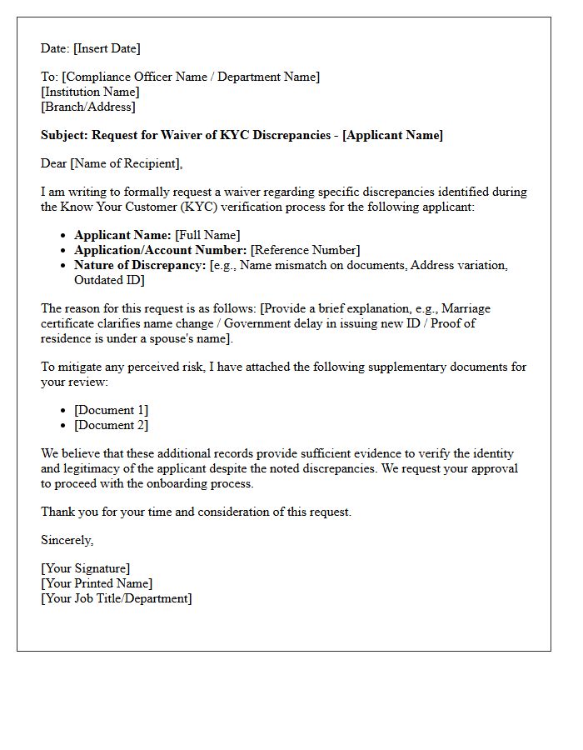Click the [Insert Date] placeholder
[108, 48]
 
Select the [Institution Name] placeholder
[90, 92]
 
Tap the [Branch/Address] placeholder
[88, 107]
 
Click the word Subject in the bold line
[64, 135]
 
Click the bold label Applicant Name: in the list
[122, 235]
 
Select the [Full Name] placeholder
[207, 235]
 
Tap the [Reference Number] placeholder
[305, 250]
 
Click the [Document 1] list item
[111, 410]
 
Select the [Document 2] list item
[111, 425]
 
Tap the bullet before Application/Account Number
[64, 250]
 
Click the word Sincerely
[67, 540]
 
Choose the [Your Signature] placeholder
[85, 568]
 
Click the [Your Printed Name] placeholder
[97, 583]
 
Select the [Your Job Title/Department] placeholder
[116, 598]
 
